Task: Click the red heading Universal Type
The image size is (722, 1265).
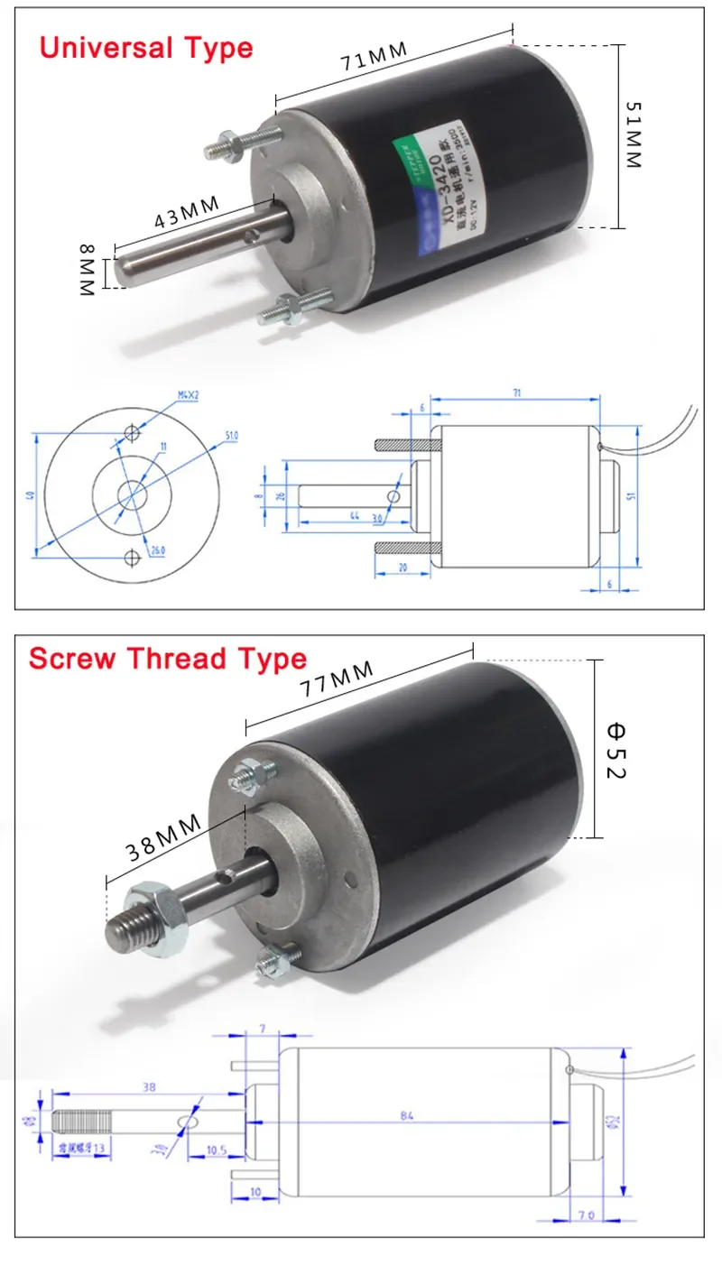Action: click(x=146, y=46)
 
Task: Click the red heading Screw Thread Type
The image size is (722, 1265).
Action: click(x=167, y=658)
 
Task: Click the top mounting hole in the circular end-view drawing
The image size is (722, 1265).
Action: click(x=133, y=434)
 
